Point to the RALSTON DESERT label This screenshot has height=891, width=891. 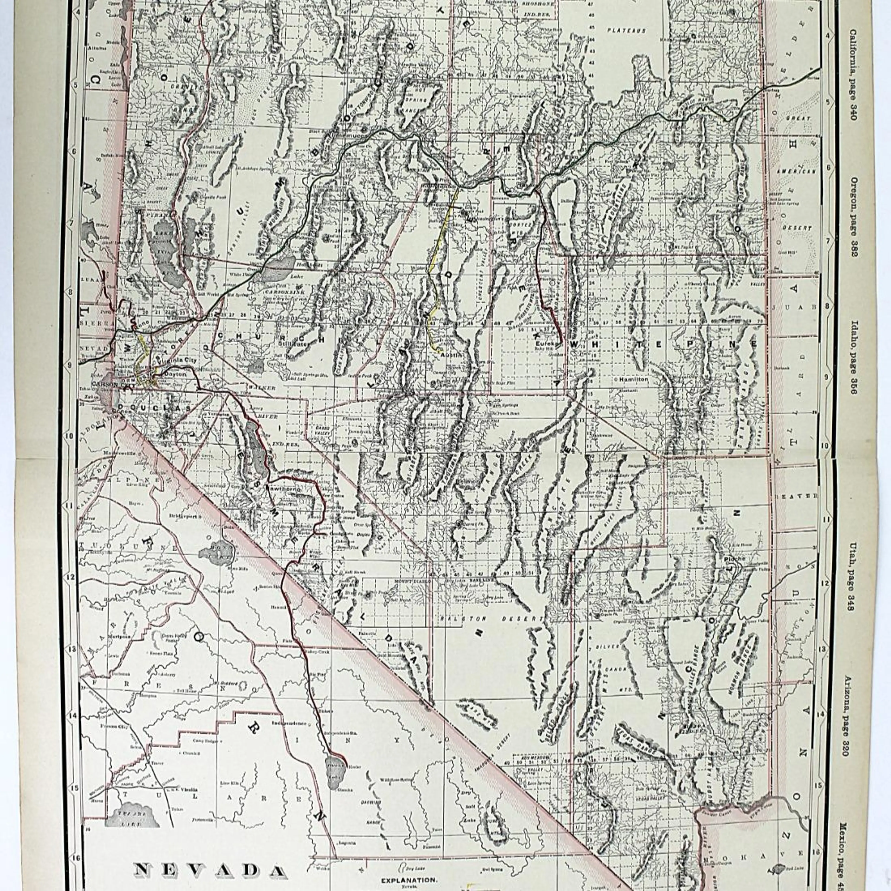tap(491, 619)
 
